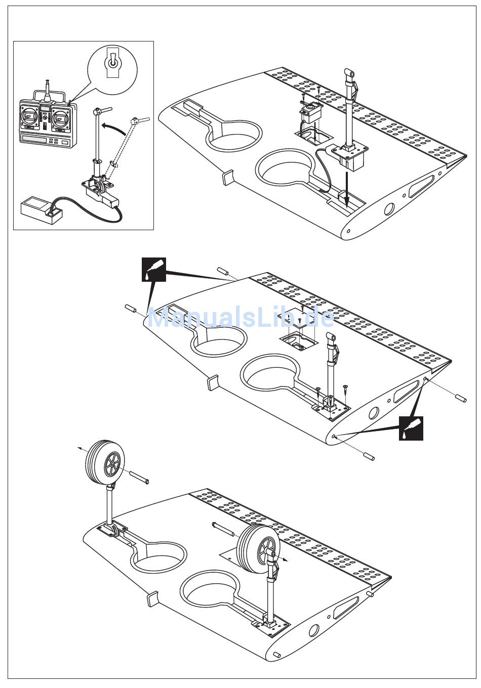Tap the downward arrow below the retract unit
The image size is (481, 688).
coord(346,190)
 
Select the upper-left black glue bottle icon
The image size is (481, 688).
coord(154,269)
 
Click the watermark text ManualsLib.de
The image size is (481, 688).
coord(240,318)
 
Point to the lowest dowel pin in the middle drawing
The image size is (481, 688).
coord(369,456)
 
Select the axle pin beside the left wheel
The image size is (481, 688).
coord(140,477)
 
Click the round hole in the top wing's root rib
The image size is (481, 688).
coord(389,208)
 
